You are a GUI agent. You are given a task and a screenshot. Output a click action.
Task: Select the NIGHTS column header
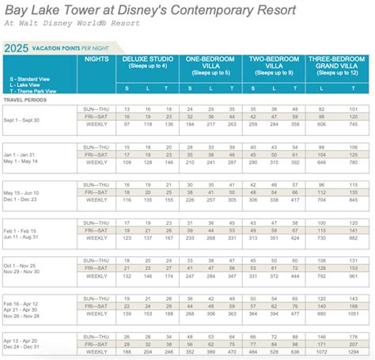(x=97, y=59)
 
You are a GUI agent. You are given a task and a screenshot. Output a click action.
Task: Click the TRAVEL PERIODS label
(x=24, y=100)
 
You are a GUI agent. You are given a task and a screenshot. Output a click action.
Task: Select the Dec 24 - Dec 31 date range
(x=25, y=347)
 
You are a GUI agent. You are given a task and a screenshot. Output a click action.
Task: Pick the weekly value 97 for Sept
(x=127, y=123)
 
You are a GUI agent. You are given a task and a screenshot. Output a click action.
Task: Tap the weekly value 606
(x=322, y=123)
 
